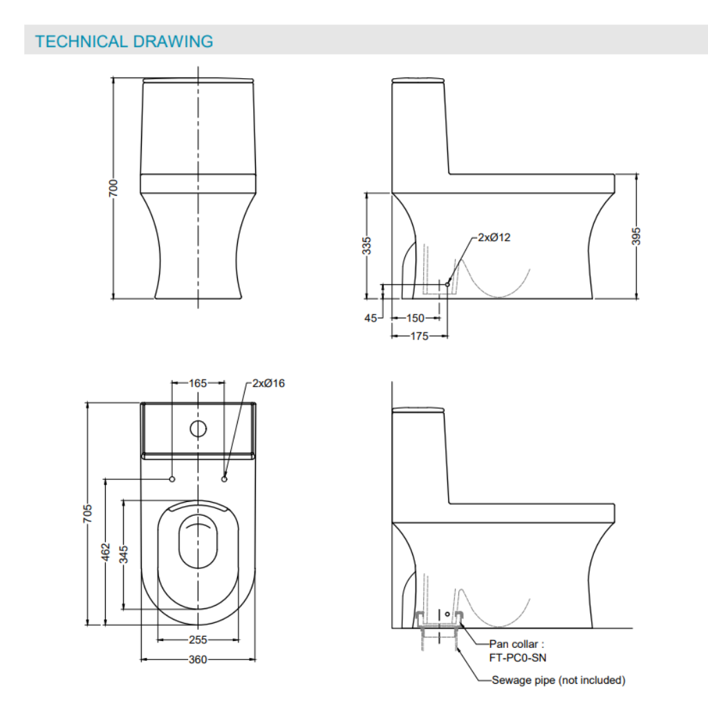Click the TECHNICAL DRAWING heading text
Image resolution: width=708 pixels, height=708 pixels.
tap(124, 41)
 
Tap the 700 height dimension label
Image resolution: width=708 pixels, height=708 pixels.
tap(113, 188)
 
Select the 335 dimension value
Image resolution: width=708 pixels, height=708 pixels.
tap(367, 245)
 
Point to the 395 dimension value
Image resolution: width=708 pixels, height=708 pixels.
tap(637, 236)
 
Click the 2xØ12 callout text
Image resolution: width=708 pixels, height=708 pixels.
tap(494, 237)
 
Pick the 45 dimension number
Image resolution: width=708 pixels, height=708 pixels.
tap(371, 318)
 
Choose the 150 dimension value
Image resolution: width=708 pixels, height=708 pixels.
tap(415, 318)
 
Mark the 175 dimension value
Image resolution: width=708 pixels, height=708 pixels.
tap(419, 336)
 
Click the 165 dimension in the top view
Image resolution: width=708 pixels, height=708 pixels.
tap(198, 382)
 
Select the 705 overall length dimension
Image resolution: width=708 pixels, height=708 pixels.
tap(88, 514)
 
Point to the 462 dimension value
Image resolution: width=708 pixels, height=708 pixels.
tap(106, 552)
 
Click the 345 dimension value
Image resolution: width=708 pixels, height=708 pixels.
tap(124, 555)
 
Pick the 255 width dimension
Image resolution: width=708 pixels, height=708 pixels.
tap(198, 640)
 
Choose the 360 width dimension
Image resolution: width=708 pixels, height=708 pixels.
tap(198, 660)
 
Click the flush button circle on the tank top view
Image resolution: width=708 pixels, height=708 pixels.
tap(198, 429)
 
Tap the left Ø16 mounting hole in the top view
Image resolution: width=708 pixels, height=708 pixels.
tap(171, 478)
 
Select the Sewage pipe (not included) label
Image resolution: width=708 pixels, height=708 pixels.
tap(558, 680)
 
